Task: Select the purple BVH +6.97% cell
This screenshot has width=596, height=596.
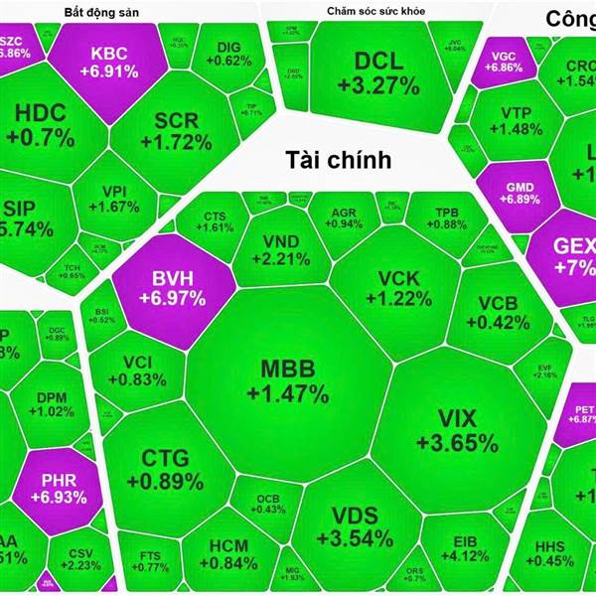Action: pos(172,286)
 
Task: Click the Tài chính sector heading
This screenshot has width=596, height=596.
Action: pos(338,159)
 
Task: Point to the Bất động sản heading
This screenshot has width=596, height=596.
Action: pos(95,11)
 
